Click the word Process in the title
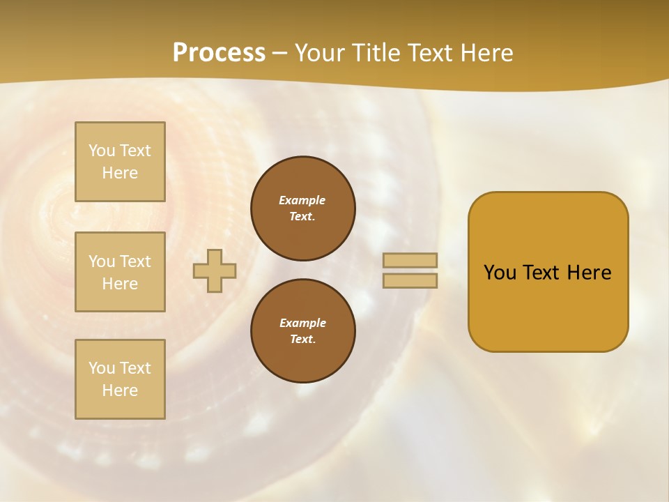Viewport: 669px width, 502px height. [219, 53]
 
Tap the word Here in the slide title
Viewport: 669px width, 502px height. [487, 53]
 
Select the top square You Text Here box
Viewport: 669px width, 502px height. [120, 162]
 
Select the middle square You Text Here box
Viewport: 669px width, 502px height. [120, 272]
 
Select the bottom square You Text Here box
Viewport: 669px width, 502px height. [120, 379]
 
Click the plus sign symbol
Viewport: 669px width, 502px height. [215, 271]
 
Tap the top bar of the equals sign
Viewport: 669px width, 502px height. [410, 260]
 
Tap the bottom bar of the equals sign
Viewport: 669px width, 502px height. [410, 280]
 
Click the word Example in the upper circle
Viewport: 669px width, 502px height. [302, 200]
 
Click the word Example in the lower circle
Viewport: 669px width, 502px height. [302, 323]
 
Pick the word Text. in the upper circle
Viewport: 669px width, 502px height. [302, 216]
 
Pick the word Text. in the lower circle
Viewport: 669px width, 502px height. [302, 339]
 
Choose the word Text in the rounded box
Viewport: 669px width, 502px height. [541, 273]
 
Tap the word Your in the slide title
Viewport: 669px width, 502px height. [320, 53]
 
